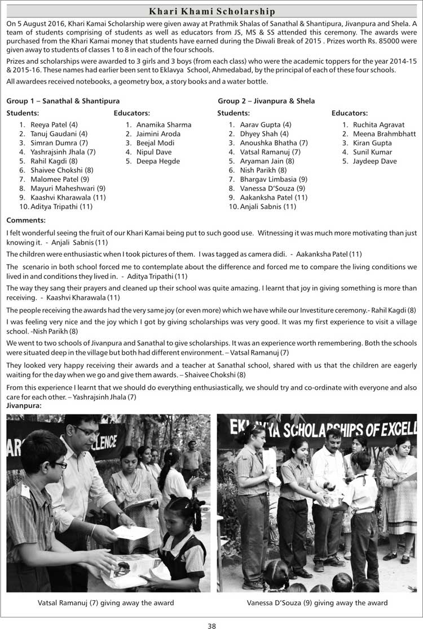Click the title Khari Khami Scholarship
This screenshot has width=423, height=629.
click(x=211, y=11)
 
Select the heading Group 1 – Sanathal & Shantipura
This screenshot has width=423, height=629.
click(x=63, y=101)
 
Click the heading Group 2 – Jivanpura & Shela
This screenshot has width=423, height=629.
click(x=266, y=101)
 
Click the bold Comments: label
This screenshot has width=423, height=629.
click(x=26, y=220)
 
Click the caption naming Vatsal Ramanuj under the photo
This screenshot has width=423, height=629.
click(x=105, y=603)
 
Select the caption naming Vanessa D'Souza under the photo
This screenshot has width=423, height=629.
click(x=317, y=603)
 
